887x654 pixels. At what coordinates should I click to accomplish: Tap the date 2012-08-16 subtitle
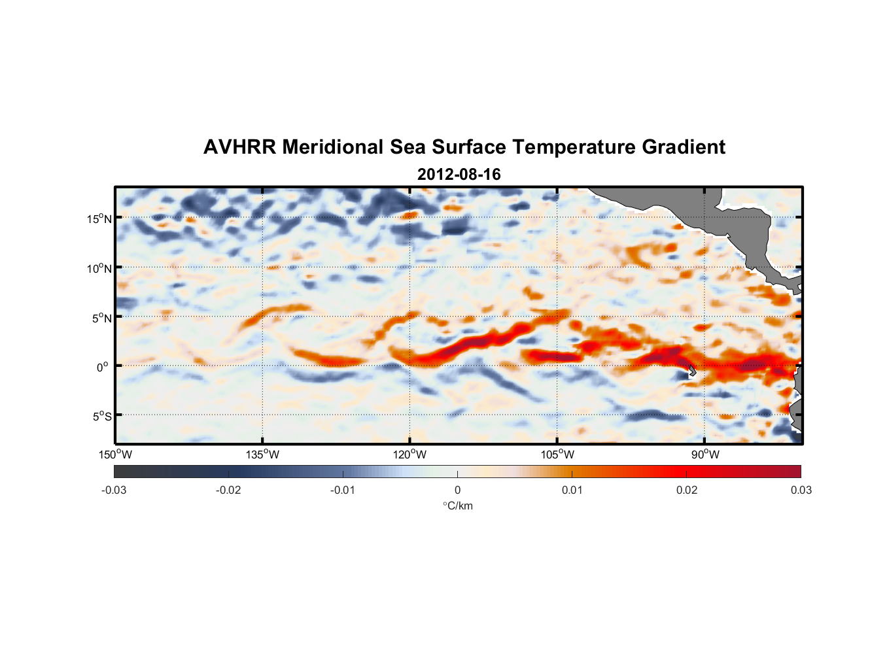pyautogui.click(x=459, y=175)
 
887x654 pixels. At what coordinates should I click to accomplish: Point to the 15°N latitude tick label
pyautogui.click(x=99, y=218)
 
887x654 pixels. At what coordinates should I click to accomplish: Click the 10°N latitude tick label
pyautogui.click(x=99, y=268)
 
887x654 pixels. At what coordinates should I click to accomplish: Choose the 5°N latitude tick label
pyautogui.click(x=101, y=318)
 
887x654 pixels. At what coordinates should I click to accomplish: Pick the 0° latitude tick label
pyautogui.click(x=103, y=367)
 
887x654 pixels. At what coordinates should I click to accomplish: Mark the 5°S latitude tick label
pyautogui.click(x=101, y=417)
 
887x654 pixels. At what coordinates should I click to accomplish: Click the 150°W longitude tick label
pyautogui.click(x=115, y=455)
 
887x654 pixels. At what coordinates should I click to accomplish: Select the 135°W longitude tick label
pyautogui.click(x=262, y=455)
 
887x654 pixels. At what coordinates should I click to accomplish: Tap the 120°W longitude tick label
pyautogui.click(x=410, y=455)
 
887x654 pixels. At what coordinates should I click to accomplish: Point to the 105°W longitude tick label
pyautogui.click(x=557, y=455)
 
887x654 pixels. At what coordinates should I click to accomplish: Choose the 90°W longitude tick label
pyautogui.click(x=705, y=455)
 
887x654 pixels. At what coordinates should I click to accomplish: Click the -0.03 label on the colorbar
pyautogui.click(x=114, y=490)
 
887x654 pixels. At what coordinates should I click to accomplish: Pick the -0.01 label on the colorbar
pyautogui.click(x=343, y=490)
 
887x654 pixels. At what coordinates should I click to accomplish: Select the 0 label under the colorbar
pyautogui.click(x=457, y=490)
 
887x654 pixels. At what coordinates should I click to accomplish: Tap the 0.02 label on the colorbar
pyautogui.click(x=687, y=490)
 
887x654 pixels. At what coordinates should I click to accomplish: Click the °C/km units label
pyautogui.click(x=457, y=506)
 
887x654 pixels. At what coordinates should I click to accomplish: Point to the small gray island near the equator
pyautogui.click(x=692, y=371)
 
